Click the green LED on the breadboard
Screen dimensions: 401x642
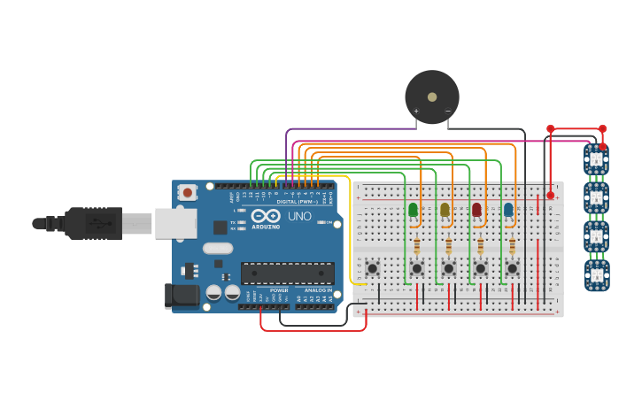click(x=413, y=210)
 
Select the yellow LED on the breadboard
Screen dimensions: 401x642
click(x=445, y=210)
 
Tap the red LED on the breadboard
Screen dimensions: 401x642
click(x=476, y=210)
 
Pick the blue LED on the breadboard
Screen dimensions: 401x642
click(x=508, y=210)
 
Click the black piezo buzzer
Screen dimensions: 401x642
click(x=432, y=96)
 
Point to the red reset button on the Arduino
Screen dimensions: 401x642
click(x=187, y=192)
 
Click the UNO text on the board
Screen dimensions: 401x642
click(x=299, y=216)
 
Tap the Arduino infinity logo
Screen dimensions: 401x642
click(x=266, y=215)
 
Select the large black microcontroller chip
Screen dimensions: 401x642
click(x=287, y=273)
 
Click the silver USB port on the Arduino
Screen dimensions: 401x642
click(x=175, y=223)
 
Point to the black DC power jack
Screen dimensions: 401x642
click(x=182, y=296)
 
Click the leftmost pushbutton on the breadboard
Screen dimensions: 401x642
click(x=373, y=267)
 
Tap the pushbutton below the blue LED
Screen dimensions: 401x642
click(x=512, y=267)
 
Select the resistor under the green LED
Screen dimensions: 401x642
click(x=416, y=244)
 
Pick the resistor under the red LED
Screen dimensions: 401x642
click(x=480, y=244)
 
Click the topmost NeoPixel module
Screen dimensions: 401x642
click(x=596, y=160)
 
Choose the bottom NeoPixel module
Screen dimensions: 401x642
click(x=597, y=274)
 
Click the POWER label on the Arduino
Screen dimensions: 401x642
click(x=279, y=290)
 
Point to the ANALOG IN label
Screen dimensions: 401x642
click(x=318, y=290)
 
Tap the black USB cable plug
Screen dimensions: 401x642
click(x=93, y=223)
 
